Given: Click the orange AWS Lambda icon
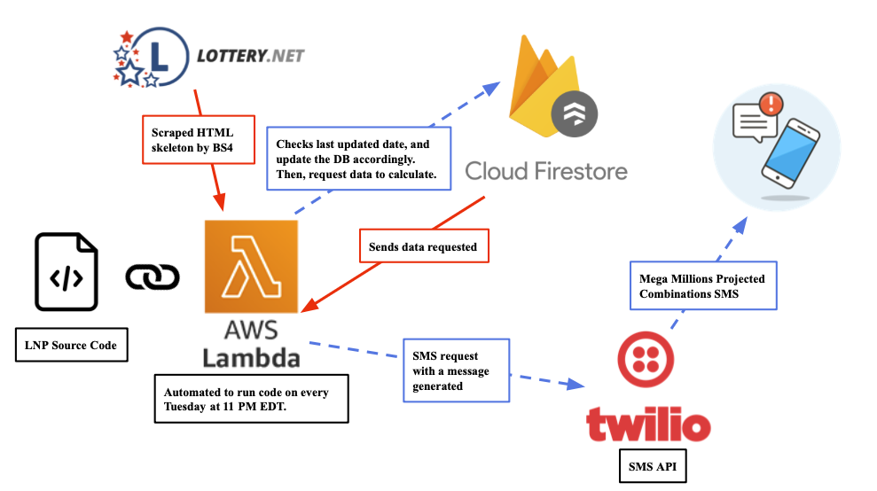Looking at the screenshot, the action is click(251, 266).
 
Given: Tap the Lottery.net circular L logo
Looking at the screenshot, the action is click(151, 57).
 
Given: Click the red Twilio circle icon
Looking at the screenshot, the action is click(646, 359).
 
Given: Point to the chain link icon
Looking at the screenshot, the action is click(153, 277).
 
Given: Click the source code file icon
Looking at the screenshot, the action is click(67, 272).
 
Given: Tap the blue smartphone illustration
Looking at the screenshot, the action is click(791, 153).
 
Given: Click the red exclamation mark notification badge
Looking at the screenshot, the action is click(771, 104).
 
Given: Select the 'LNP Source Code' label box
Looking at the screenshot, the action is click(72, 345).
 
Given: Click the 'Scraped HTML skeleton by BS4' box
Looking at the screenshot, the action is click(199, 140).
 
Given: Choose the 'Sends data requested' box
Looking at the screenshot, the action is click(424, 246).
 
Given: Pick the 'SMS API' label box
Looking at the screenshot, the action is click(653, 466).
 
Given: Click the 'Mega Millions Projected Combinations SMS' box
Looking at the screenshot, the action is click(703, 285).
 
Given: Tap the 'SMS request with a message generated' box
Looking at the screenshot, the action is click(457, 370).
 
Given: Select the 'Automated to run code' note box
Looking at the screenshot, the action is click(252, 399).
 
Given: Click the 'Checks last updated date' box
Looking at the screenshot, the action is click(358, 159).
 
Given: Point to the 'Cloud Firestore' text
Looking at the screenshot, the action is click(546, 171).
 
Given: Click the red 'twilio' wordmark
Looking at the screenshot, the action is click(649, 424).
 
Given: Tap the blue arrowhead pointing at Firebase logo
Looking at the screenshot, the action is click(491, 89).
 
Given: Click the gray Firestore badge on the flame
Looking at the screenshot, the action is click(575, 114).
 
